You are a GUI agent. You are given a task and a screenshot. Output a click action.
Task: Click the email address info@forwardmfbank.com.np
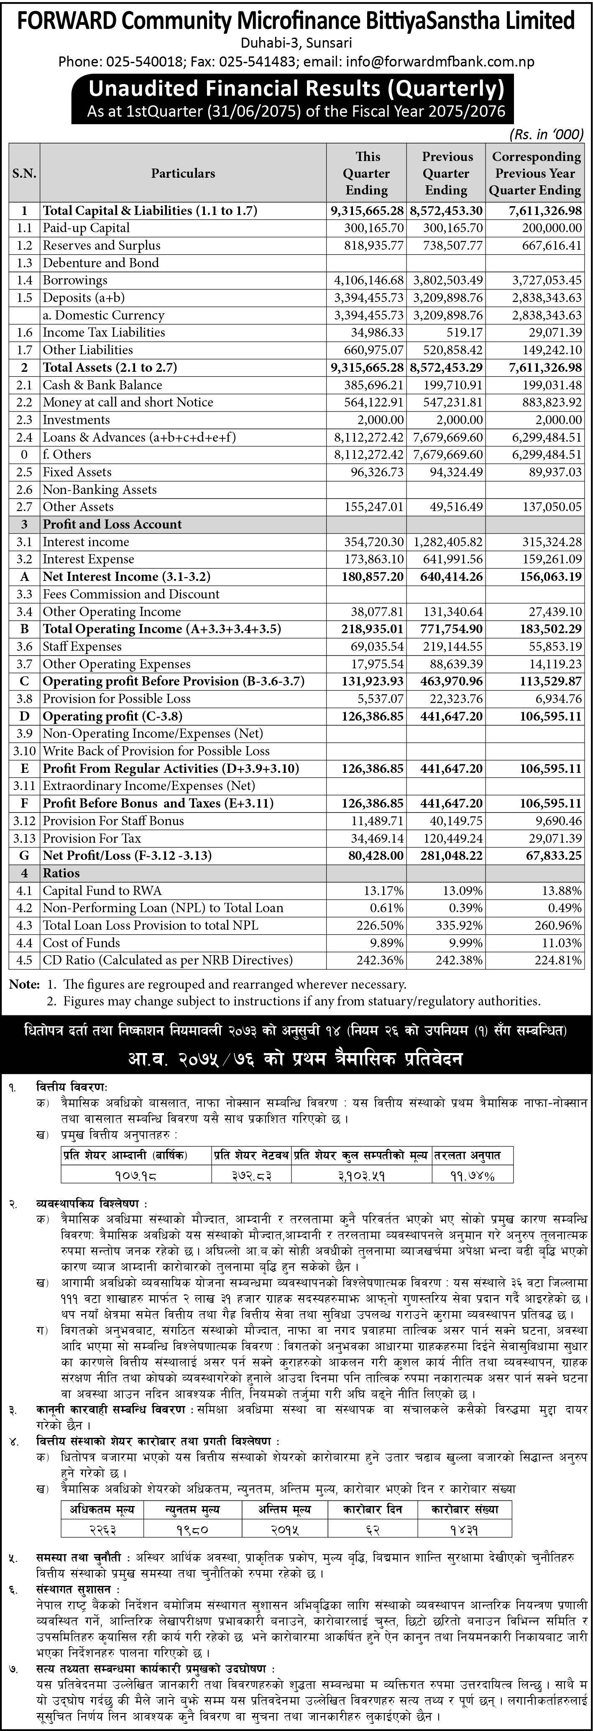tap(440, 62)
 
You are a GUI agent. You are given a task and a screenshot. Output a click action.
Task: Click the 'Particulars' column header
tap(183, 174)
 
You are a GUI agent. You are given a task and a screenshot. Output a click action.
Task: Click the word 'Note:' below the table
tap(25, 984)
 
